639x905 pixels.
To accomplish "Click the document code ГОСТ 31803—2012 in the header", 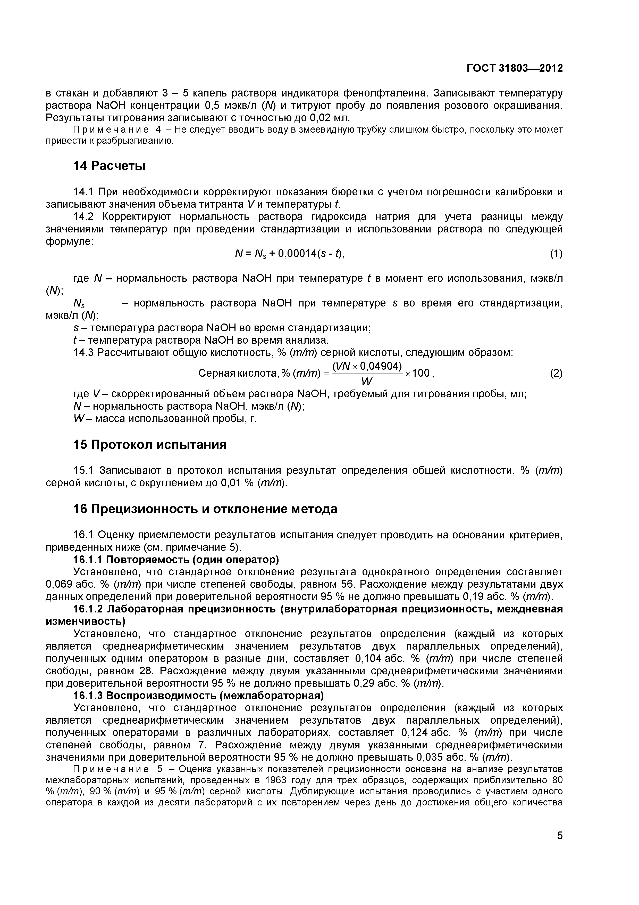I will pyautogui.click(x=514, y=68).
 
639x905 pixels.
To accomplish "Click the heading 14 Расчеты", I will pyautogui.click(x=110, y=166).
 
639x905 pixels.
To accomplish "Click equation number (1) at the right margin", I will pyautogui.click(x=556, y=254).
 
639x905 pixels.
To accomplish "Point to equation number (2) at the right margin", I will pyautogui.click(x=556, y=373).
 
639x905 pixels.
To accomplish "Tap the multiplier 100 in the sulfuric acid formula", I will pyautogui.click(x=421, y=373).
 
